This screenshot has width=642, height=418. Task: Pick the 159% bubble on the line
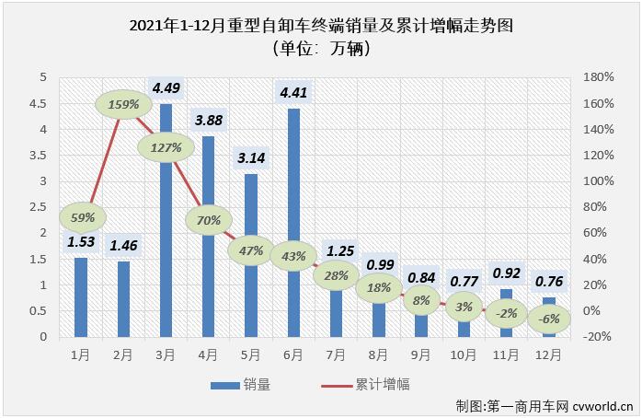coord(122,104)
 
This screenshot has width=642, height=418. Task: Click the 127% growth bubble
coord(166,146)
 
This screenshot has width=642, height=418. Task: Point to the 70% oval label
coord(209,220)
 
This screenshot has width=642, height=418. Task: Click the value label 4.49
coord(166,88)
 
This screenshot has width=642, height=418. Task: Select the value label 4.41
coord(293,91)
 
